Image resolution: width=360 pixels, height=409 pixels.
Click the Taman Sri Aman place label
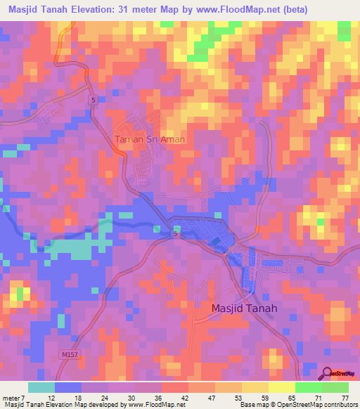(150, 139)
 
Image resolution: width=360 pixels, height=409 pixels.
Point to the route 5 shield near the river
(175, 235)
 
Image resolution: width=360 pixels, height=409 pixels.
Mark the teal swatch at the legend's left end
(41, 387)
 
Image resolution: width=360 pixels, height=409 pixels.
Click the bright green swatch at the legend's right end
(335, 387)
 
